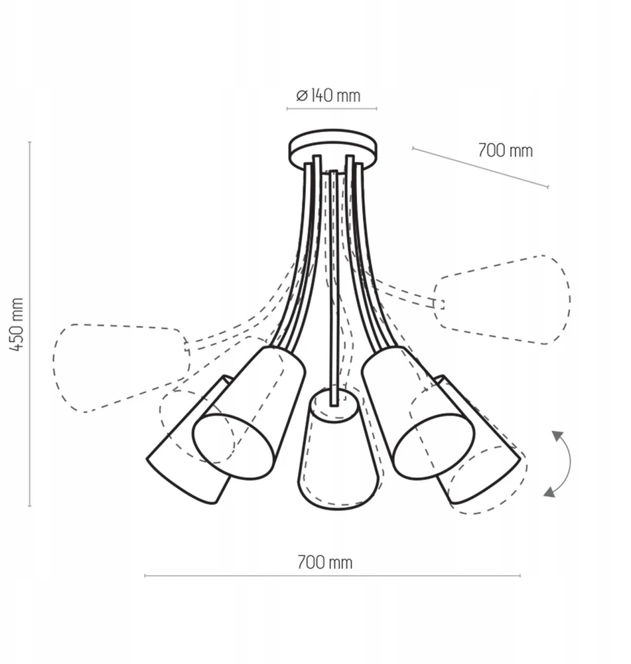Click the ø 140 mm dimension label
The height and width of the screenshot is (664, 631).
pyautogui.click(x=328, y=96)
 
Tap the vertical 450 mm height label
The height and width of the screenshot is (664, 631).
pyautogui.click(x=17, y=324)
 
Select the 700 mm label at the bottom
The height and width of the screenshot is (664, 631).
pyautogui.click(x=324, y=562)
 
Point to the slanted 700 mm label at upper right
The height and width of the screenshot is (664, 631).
pyautogui.click(x=506, y=150)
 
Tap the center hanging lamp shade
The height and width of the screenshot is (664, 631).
pyautogui.click(x=337, y=449)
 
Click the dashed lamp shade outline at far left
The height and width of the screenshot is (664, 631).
pyautogui.click(x=121, y=368)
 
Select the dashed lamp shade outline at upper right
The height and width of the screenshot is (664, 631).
pyautogui.click(x=502, y=300)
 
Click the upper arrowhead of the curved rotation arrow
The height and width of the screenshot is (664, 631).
pyautogui.click(x=558, y=436)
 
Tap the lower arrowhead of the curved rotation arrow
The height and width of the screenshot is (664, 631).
pyautogui.click(x=550, y=491)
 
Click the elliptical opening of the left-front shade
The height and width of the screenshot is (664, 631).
pyautogui.click(x=233, y=446)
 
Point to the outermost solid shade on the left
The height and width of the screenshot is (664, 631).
pyautogui.click(x=189, y=440)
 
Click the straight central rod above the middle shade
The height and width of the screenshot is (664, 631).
pyautogui.click(x=334, y=288)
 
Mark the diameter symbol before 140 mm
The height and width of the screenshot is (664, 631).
pyautogui.click(x=301, y=96)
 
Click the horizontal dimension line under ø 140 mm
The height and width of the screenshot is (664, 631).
pyautogui.click(x=332, y=109)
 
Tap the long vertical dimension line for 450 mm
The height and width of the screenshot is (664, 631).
pyautogui.click(x=30, y=324)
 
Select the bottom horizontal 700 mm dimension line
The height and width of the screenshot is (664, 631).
pyautogui.click(x=332, y=576)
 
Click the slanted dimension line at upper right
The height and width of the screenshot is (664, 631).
pyautogui.click(x=480, y=167)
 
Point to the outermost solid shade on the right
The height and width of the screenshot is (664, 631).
pyautogui.click(x=478, y=440)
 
